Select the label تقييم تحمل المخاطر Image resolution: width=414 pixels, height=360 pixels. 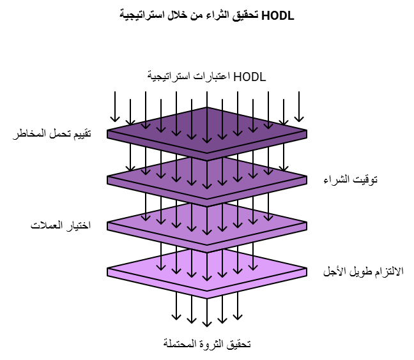tap(52, 133)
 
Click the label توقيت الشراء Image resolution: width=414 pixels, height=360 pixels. tap(350, 179)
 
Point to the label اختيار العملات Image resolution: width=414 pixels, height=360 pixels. tap(61, 225)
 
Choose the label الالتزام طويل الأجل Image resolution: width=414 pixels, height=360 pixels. tap(364, 271)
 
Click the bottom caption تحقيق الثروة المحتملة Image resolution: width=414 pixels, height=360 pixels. tap(207, 343)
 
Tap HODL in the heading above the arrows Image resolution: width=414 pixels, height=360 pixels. tap(250, 77)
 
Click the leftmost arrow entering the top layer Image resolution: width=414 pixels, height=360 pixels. tap(115, 107)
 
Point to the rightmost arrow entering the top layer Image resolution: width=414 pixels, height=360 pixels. tap(299, 107)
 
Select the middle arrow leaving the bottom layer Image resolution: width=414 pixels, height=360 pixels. tap(207, 313)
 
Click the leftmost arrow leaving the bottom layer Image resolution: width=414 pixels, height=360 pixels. tap(176, 310)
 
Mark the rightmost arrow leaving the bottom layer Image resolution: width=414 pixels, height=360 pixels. tap(238, 310)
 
